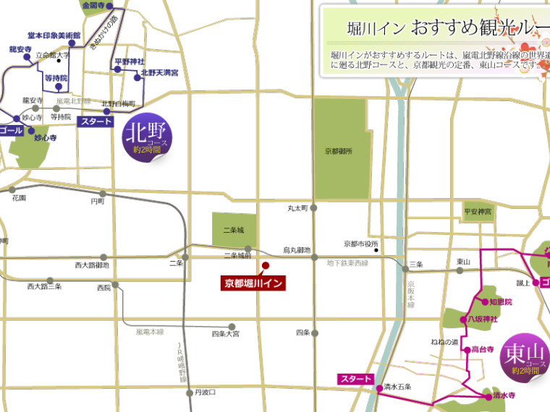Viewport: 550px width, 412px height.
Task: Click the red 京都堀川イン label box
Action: click(x=253, y=283)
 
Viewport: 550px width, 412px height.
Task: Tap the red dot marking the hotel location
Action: click(x=265, y=265)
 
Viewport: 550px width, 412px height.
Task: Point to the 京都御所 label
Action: click(x=338, y=152)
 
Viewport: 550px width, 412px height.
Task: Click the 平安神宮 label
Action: click(x=478, y=212)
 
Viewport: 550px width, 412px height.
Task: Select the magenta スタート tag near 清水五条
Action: click(x=355, y=379)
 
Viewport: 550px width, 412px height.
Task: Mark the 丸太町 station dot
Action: click(x=314, y=208)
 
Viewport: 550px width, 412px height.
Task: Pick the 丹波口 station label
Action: click(x=206, y=392)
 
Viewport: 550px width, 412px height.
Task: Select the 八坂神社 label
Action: click(x=483, y=317)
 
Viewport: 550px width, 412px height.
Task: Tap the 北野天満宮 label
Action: click(x=160, y=72)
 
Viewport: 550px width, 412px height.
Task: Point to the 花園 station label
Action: click(x=19, y=197)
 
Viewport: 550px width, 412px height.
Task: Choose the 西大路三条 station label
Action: click(x=44, y=288)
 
